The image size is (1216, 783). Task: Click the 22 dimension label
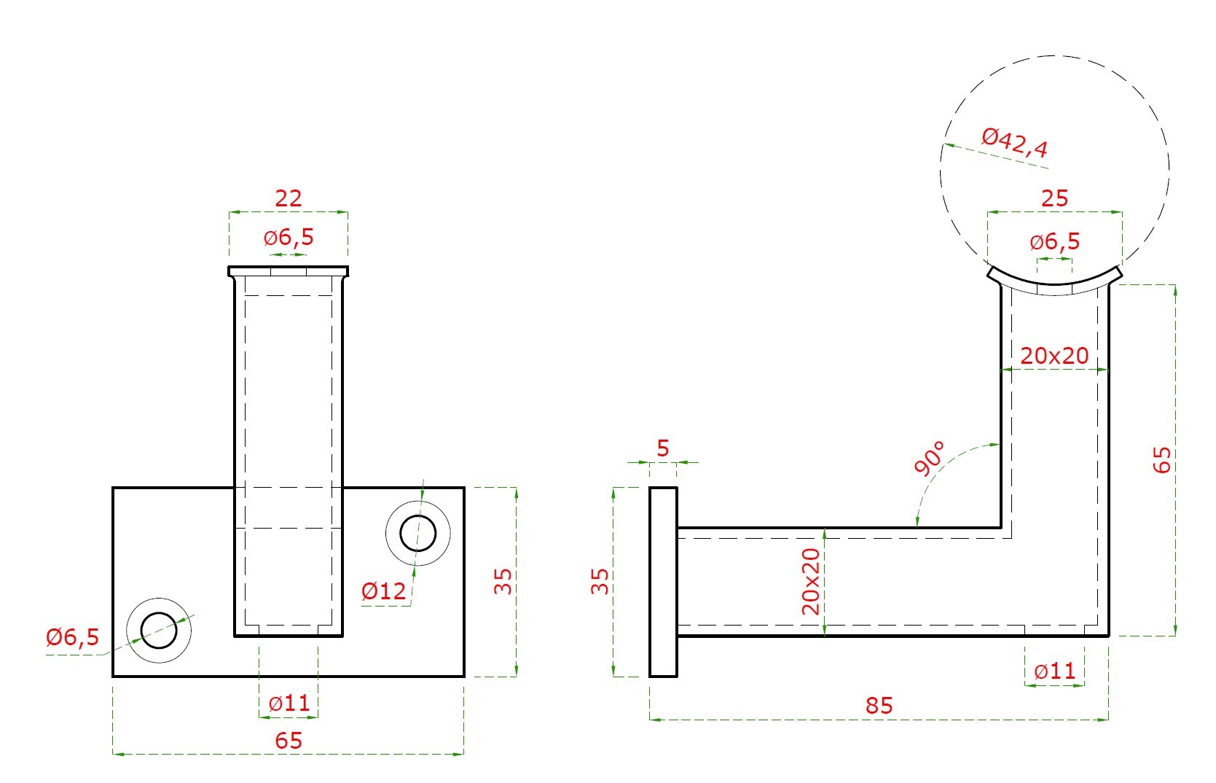tap(289, 198)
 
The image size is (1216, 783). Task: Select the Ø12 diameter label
tap(384, 591)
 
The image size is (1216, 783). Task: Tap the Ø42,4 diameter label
tap(1014, 143)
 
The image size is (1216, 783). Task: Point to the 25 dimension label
tap(1055, 198)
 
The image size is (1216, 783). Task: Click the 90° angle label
tap(929, 458)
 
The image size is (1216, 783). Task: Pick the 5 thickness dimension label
tap(663, 448)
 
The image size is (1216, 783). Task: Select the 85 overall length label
tap(879, 705)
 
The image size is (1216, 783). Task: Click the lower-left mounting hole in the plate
tap(159, 631)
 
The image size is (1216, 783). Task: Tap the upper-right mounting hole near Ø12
tap(418, 534)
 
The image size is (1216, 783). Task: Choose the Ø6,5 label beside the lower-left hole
tap(73, 637)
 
